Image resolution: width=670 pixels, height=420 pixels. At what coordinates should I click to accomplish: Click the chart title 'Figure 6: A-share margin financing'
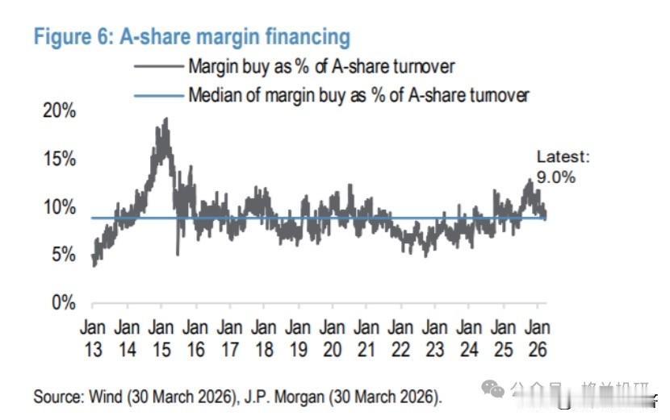pyautogui.click(x=192, y=37)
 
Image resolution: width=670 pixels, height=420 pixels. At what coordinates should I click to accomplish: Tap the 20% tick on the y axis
pyautogui.click(x=59, y=111)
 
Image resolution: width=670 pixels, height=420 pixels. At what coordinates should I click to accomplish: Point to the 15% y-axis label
pyautogui.click(x=59, y=160)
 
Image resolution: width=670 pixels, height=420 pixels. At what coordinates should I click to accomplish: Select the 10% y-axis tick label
pyautogui.click(x=59, y=208)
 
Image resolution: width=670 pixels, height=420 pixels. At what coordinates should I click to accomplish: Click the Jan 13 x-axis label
pyautogui.click(x=92, y=338)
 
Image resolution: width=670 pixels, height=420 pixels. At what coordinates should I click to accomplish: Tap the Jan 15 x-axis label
pyautogui.click(x=161, y=338)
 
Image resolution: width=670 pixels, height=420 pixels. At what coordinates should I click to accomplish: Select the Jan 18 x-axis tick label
pyautogui.click(x=263, y=338)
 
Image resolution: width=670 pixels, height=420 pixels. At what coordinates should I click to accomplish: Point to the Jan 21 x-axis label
pyautogui.click(x=366, y=338)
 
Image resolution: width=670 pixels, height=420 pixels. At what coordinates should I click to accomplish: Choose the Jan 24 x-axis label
pyautogui.click(x=469, y=338)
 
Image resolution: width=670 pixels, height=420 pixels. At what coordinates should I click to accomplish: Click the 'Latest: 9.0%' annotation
pyautogui.click(x=563, y=167)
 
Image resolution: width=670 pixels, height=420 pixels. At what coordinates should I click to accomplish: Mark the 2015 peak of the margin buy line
pyautogui.click(x=165, y=119)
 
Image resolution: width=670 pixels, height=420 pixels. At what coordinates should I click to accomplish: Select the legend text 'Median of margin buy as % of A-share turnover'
pyautogui.click(x=358, y=95)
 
